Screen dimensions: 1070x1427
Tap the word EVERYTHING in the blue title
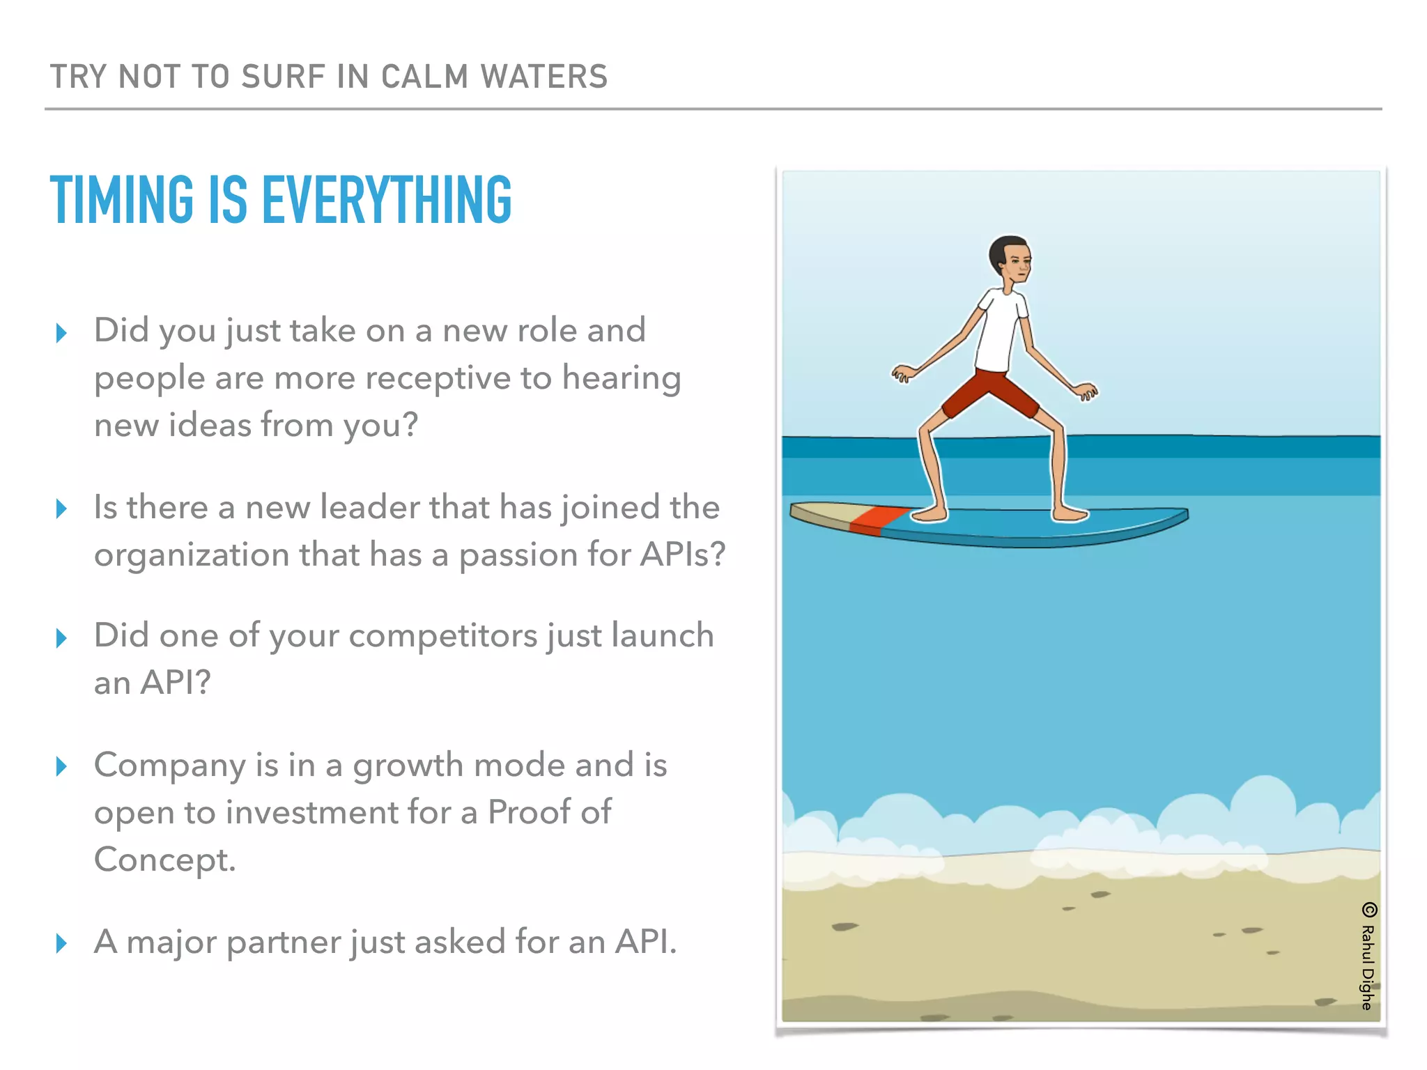(x=387, y=200)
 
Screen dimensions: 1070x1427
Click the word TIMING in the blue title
(x=122, y=200)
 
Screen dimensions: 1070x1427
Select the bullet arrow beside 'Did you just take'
(x=61, y=333)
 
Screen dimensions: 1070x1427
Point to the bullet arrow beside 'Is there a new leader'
(x=61, y=509)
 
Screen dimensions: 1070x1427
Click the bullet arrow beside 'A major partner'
(x=61, y=943)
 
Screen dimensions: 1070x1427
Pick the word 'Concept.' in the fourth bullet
(x=165, y=860)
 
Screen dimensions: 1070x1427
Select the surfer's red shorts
(x=989, y=394)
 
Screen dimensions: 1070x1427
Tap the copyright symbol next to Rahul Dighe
(x=1369, y=910)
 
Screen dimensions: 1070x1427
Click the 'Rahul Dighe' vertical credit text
(x=1368, y=968)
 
